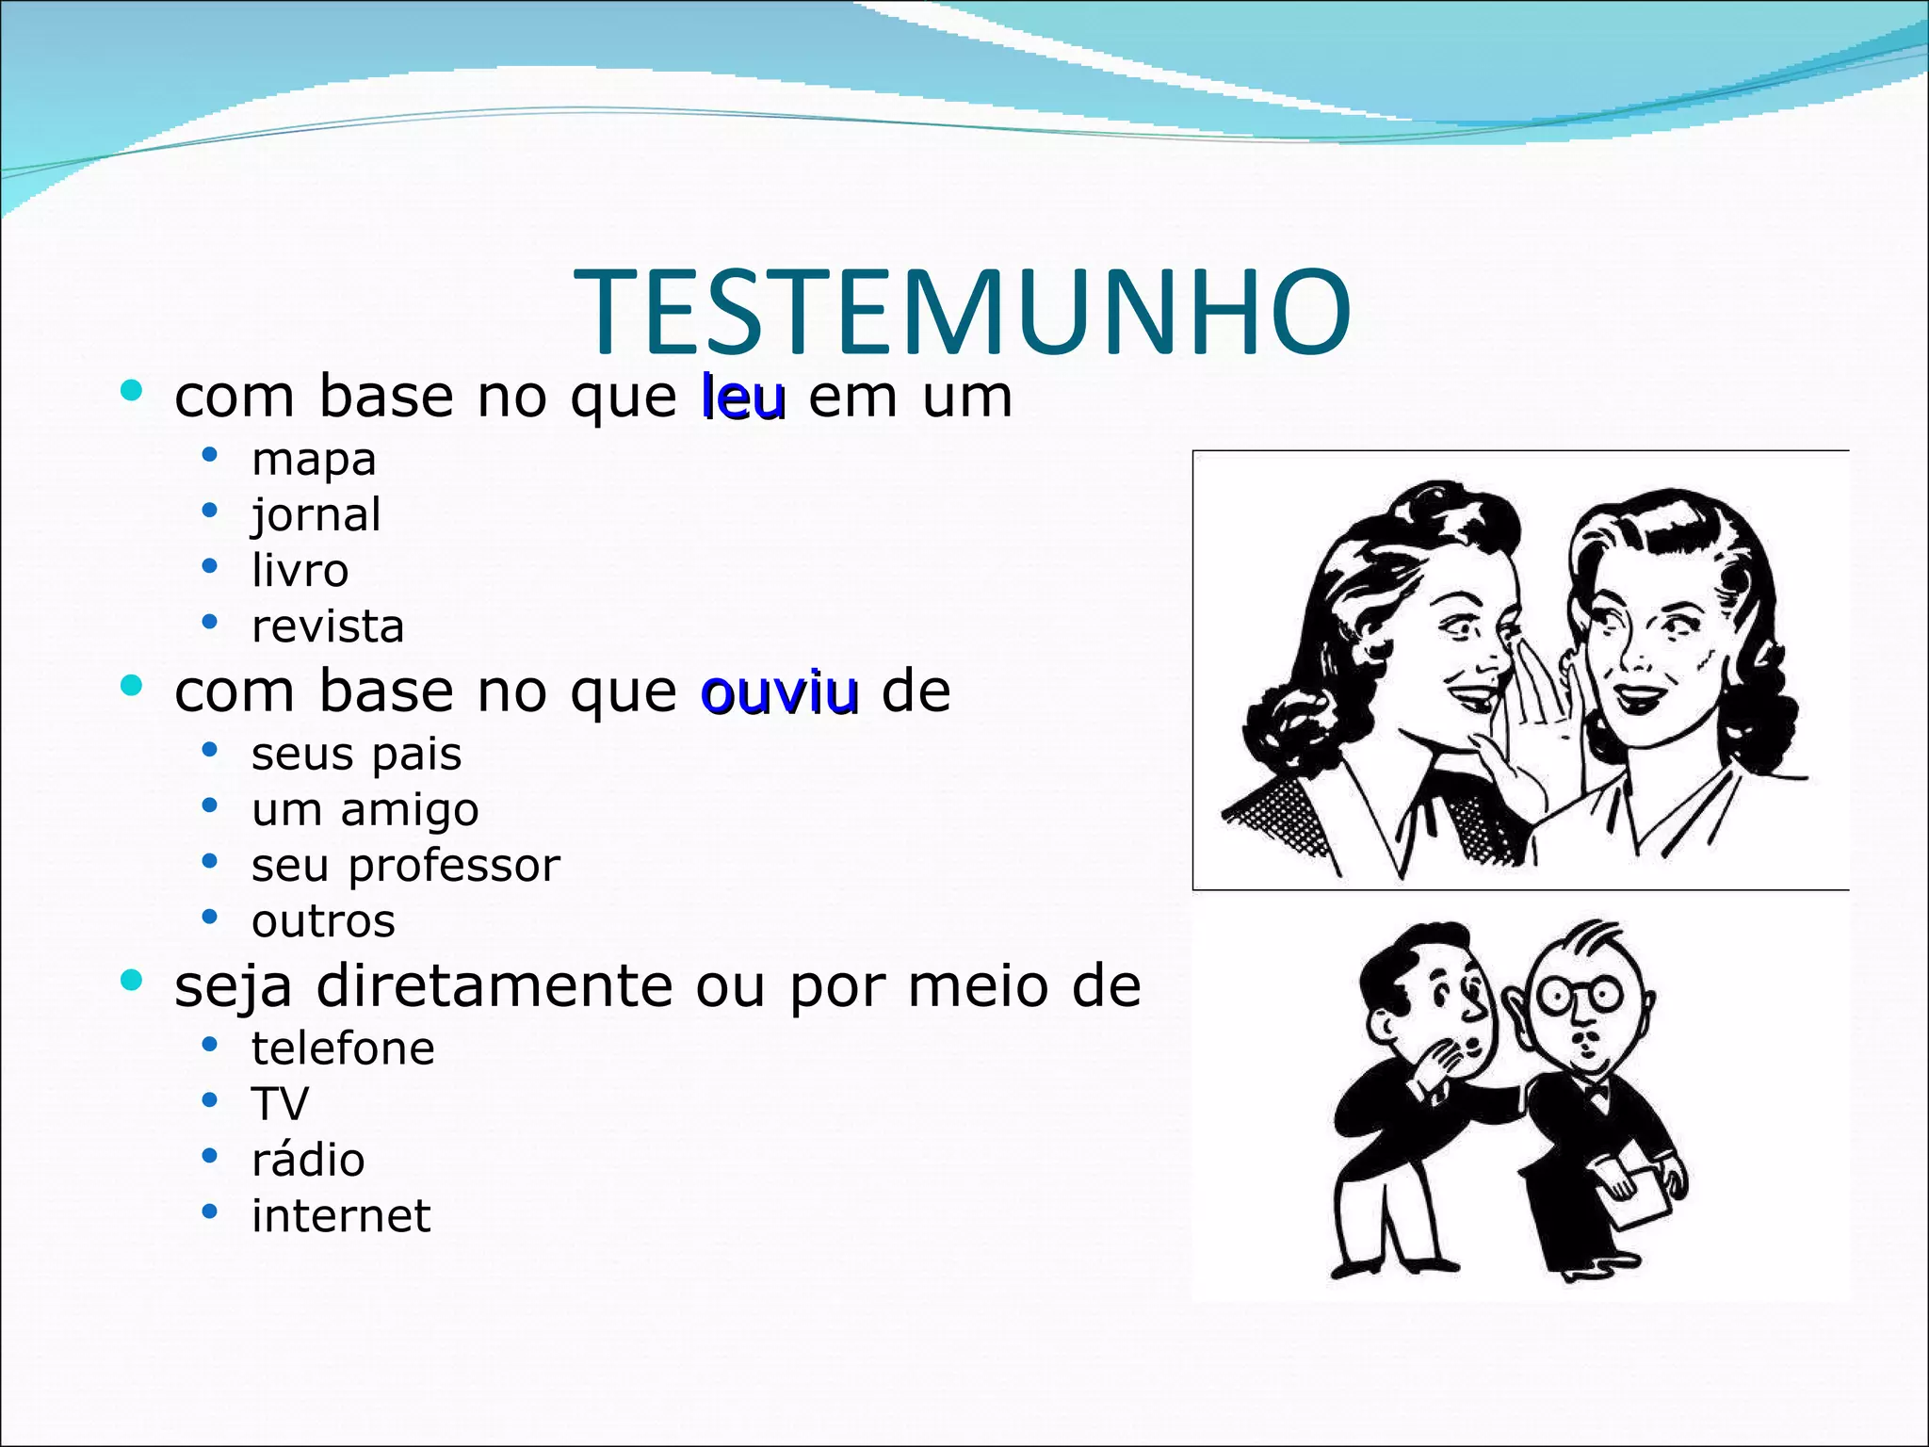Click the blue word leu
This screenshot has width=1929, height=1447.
[x=744, y=397]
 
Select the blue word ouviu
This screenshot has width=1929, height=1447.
[x=780, y=691]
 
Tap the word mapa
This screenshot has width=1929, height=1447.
[x=314, y=461]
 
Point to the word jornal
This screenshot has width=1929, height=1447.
[x=316, y=515]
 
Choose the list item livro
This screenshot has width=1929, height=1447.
[x=300, y=571]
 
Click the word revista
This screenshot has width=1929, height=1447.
[x=328, y=626]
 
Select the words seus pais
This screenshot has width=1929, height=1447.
[x=356, y=755]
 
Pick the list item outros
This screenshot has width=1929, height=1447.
[x=323, y=921]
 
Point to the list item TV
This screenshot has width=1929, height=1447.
[x=280, y=1104]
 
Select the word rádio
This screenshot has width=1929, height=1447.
[x=308, y=1160]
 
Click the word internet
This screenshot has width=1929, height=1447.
[x=341, y=1216]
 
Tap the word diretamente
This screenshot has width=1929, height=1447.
[x=494, y=986]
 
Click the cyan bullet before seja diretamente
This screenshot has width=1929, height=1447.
[x=132, y=982]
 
